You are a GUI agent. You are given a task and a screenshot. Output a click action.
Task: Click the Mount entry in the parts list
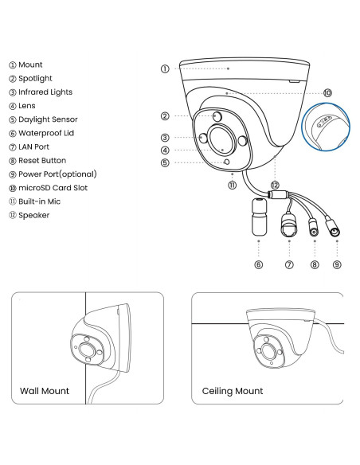[x=25, y=64]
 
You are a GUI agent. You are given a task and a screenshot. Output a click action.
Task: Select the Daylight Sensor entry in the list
[x=43, y=119]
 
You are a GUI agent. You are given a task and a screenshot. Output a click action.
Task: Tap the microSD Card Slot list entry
[x=49, y=188]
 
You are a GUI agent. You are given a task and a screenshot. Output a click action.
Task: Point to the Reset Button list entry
[x=37, y=161]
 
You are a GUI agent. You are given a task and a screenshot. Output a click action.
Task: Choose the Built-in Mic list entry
[x=35, y=201]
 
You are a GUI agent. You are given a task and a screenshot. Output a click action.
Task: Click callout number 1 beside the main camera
[x=165, y=68]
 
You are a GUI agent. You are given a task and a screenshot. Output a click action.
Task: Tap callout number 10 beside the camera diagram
[x=327, y=93]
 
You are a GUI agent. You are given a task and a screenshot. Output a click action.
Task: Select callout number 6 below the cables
[x=259, y=264]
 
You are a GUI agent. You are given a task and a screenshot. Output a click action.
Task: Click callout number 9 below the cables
[x=337, y=264]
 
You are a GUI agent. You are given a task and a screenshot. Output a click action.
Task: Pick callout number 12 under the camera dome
[x=275, y=186]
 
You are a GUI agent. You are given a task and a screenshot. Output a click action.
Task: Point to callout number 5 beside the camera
[x=165, y=162]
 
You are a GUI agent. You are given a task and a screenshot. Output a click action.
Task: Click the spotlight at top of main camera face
[x=218, y=116]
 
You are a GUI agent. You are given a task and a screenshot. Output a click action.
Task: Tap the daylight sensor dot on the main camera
[x=227, y=162]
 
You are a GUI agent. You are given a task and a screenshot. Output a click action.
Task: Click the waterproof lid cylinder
[x=260, y=217]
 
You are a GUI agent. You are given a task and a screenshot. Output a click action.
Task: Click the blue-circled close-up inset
[x=326, y=127]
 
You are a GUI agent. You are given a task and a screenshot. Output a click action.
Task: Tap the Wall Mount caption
[x=45, y=391]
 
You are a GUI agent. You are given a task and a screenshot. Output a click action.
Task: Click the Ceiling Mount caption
[x=233, y=391]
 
